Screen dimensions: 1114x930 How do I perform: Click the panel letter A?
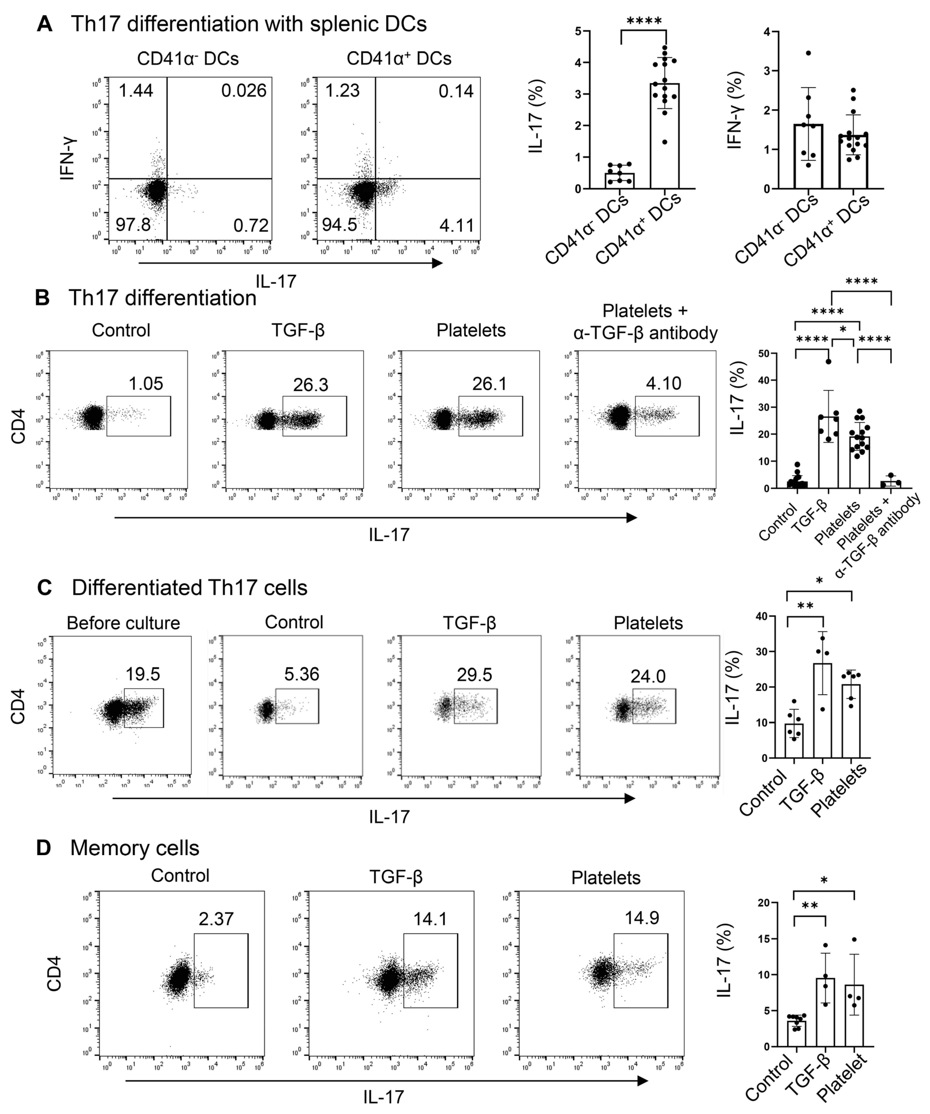45,24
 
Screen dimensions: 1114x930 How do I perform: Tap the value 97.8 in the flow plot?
133,225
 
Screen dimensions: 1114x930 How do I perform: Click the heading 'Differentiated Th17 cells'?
189,588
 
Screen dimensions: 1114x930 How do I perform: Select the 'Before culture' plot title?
123,623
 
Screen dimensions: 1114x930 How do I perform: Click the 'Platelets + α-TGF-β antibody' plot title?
645,322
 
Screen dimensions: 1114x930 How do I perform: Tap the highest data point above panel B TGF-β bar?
828,361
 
